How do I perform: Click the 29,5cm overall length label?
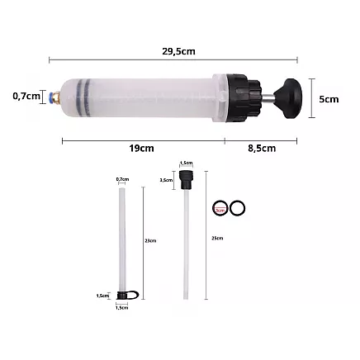pos(178,51)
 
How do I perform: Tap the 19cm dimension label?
pos(141,149)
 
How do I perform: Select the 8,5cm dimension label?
pos(261,149)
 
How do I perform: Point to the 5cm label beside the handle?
pos(329,99)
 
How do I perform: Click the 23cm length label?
pos(150,240)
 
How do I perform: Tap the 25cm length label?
pos(217,238)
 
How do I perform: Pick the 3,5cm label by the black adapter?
pos(166,179)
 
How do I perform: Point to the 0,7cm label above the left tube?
pos(122,179)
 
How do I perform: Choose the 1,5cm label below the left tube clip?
pos(122,307)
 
